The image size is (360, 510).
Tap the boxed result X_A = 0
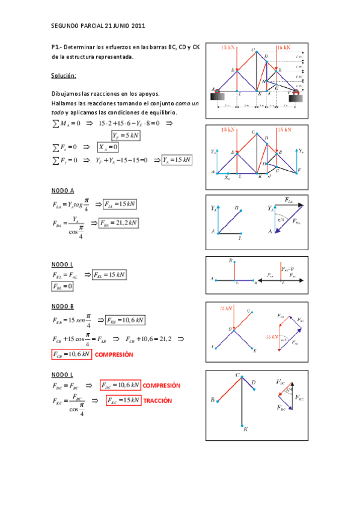[x=109, y=147]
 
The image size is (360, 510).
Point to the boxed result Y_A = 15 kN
[x=177, y=159]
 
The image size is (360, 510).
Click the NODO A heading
[x=63, y=190]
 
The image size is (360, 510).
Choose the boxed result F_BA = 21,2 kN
[x=120, y=223]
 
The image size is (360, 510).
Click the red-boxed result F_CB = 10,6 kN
[x=72, y=355]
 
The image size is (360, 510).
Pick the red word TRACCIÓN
[x=157, y=401]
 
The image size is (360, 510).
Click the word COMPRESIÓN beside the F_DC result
[x=162, y=386]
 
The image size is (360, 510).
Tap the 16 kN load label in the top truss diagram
[x=284, y=47]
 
